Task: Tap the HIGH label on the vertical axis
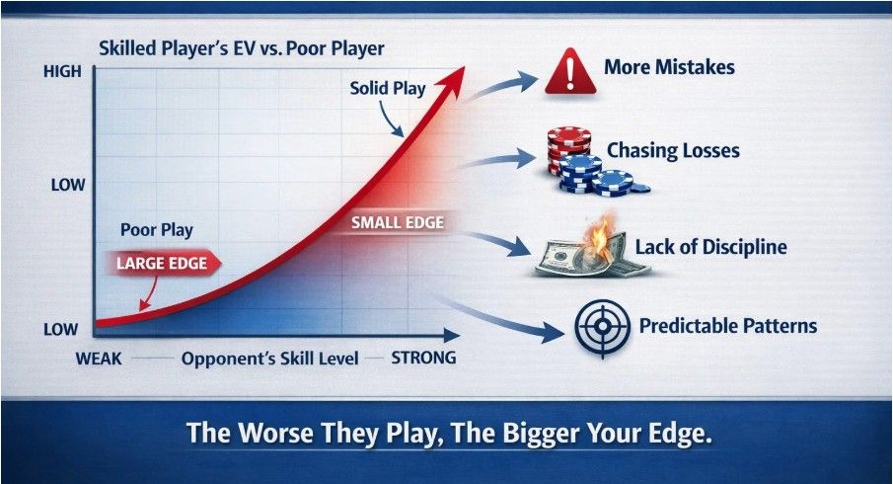(62, 72)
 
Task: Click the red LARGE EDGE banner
(159, 264)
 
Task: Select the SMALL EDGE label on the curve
(398, 222)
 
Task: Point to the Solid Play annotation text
(388, 88)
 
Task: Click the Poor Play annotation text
(156, 230)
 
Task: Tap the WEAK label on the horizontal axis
(99, 359)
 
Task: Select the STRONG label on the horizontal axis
(424, 358)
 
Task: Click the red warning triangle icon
(565, 70)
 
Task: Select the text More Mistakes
(669, 69)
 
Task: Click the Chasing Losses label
(673, 151)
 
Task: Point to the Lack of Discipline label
(710, 247)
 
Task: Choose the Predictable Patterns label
(728, 326)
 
